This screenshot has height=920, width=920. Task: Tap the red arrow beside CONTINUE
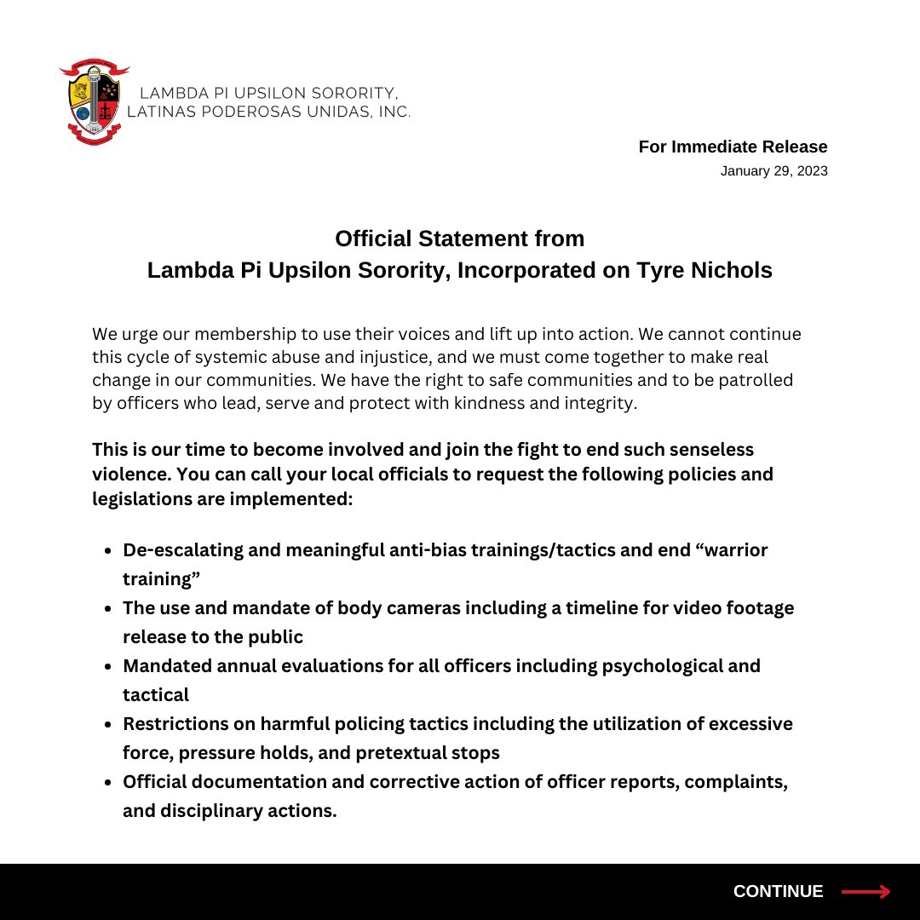point(865,892)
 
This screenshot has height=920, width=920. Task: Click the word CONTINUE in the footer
point(778,892)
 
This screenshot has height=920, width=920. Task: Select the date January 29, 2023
point(773,171)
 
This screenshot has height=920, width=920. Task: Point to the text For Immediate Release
point(733,147)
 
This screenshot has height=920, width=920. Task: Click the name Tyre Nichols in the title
point(704,271)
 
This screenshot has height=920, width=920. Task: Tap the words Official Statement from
point(459,239)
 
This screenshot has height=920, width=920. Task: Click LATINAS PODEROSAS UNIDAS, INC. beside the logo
point(268,112)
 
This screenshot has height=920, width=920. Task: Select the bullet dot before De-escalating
point(108,551)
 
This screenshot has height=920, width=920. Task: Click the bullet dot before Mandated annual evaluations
point(108,667)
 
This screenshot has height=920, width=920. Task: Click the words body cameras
point(398,608)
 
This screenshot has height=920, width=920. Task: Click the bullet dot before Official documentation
point(108,783)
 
